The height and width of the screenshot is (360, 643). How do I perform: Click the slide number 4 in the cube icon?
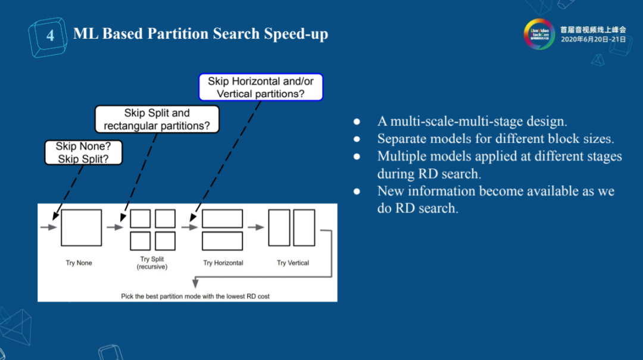(x=50, y=36)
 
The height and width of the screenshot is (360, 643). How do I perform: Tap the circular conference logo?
(x=539, y=34)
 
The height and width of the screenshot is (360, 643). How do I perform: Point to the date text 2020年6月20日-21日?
(x=594, y=39)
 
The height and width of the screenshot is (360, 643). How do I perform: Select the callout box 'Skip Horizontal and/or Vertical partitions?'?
(x=261, y=87)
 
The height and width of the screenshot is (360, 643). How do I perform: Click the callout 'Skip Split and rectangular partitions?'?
(x=157, y=120)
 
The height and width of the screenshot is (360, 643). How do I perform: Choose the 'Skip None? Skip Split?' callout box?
(x=83, y=152)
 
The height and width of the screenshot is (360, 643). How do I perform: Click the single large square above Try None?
(x=81, y=228)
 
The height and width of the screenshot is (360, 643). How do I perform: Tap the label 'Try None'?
(x=79, y=263)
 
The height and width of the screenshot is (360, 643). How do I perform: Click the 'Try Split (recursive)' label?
(x=152, y=263)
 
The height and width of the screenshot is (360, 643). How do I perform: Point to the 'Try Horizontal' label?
(x=223, y=263)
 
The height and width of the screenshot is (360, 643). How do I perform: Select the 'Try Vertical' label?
(x=293, y=263)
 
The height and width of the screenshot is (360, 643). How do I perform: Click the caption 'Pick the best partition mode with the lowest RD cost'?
(x=195, y=296)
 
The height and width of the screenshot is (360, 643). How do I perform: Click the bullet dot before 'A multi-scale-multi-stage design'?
(x=357, y=121)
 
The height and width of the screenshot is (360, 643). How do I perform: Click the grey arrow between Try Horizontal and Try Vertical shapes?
(x=256, y=227)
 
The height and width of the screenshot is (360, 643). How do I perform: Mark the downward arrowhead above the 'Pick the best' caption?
(x=196, y=283)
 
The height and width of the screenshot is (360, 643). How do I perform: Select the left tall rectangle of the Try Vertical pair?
(x=279, y=228)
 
